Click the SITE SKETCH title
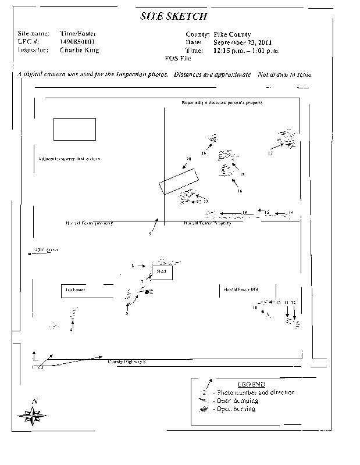173,17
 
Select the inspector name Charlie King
80,50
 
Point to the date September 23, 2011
242,42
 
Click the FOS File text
179,58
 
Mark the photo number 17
270,153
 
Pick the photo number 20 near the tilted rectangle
188,159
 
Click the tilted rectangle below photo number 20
179,180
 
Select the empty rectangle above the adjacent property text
74,129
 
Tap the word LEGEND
251,384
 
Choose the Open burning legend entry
236,409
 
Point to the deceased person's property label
222,102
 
